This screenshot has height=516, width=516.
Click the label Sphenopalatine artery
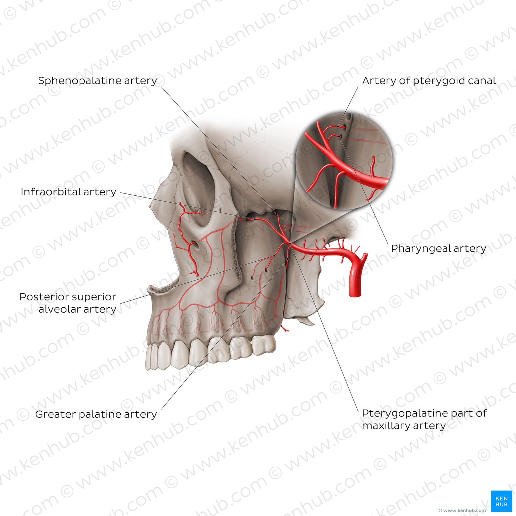pos(97,81)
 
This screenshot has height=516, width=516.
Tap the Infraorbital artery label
pos(68,192)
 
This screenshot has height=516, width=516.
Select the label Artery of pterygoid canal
pos(429,81)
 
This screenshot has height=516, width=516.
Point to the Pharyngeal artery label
pos(439,248)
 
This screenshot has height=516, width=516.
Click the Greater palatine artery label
pos(96,414)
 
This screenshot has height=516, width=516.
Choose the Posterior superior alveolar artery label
pos(68,303)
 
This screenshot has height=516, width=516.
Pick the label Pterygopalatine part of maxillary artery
pos(424,419)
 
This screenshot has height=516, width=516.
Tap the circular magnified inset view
pos(344,161)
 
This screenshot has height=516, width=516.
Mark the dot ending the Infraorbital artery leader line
pos(255,219)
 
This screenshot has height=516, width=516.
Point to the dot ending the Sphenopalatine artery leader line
pos(276,214)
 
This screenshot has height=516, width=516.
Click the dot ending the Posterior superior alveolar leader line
pos(275,255)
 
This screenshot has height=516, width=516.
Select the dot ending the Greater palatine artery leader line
pos(287,259)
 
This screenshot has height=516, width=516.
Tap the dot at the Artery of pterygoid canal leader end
pos(338,126)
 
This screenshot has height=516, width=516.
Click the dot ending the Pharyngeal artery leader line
pos(339,137)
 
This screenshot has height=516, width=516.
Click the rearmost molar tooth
pos(264,345)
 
